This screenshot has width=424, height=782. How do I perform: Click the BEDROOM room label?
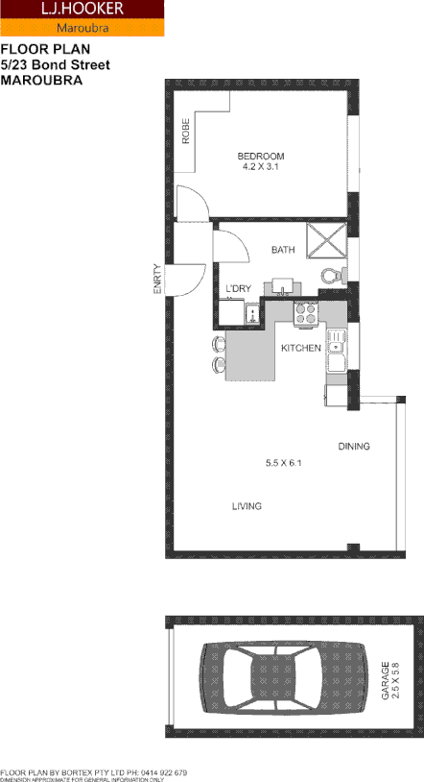pyautogui.click(x=261, y=156)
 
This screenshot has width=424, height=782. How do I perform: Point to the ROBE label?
pyautogui.click(x=186, y=131)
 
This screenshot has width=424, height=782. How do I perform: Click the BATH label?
pyautogui.click(x=283, y=250)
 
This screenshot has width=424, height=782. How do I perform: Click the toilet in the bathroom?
pyautogui.click(x=331, y=276)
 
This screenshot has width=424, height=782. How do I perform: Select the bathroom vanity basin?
pyautogui.click(x=284, y=285)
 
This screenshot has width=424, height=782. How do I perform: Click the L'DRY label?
pyautogui.click(x=237, y=288)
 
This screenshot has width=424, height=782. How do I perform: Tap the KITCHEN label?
pyautogui.click(x=300, y=348)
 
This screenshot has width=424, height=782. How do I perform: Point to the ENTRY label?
pyautogui.click(x=158, y=280)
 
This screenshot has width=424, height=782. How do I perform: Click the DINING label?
pyautogui.click(x=353, y=447)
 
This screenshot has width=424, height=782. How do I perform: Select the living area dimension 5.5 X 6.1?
pyautogui.click(x=284, y=464)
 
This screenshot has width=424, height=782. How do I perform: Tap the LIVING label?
pyautogui.click(x=247, y=506)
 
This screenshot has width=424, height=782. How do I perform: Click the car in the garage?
pyautogui.click(x=267, y=680)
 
